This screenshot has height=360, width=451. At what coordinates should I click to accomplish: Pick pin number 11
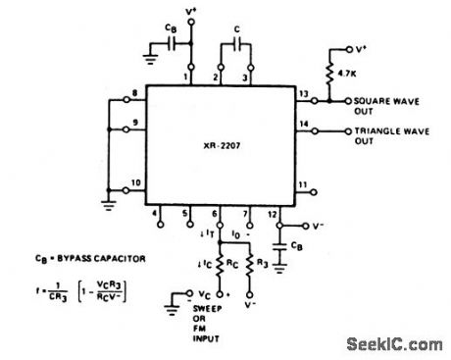303,184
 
